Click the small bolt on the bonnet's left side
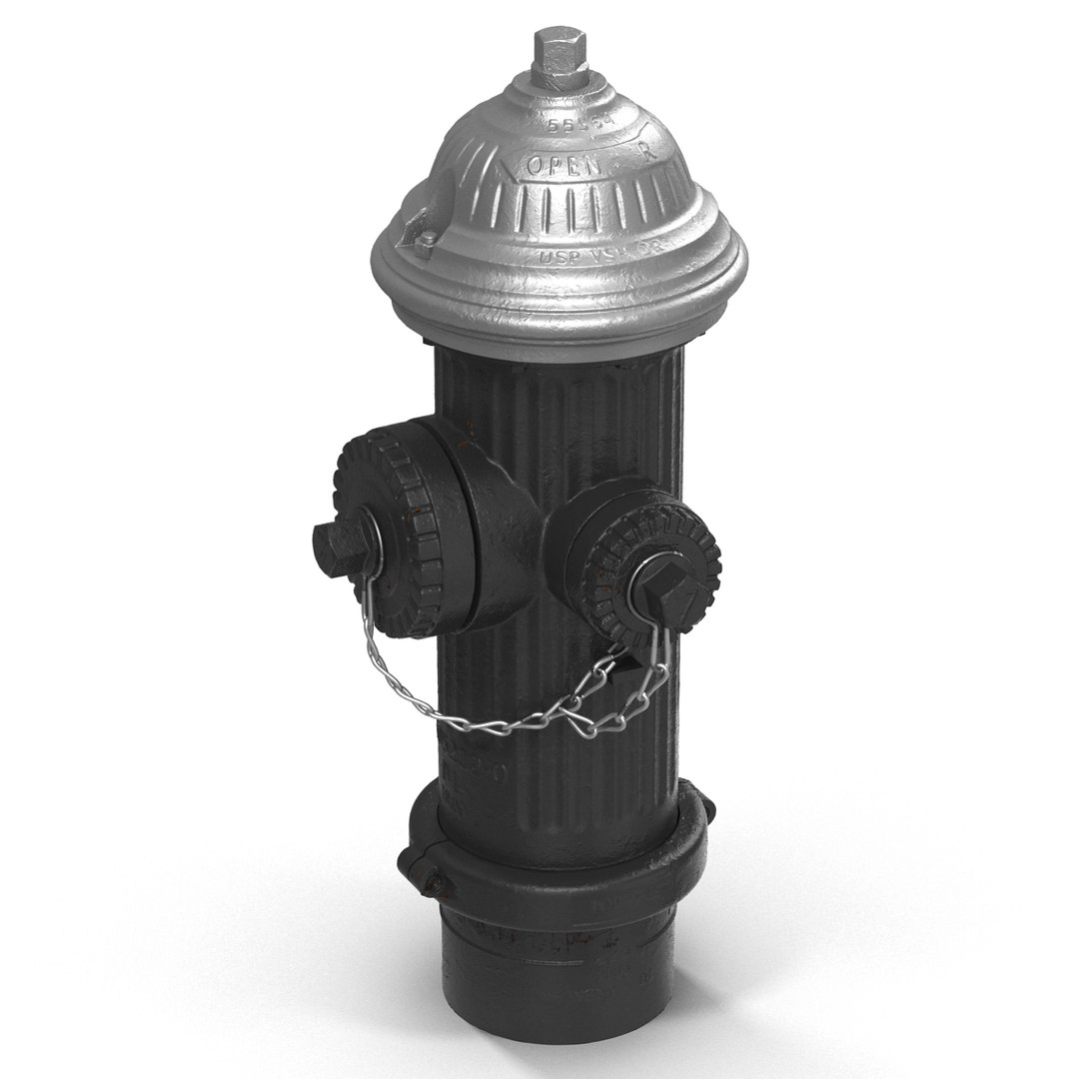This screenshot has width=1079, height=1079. click(424, 242)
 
